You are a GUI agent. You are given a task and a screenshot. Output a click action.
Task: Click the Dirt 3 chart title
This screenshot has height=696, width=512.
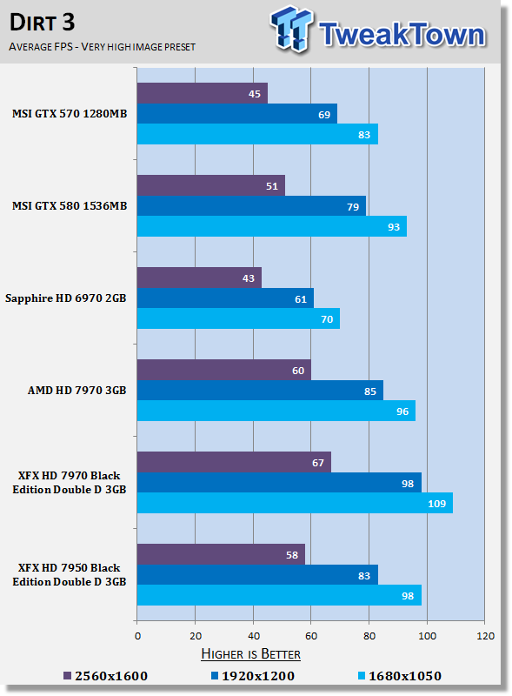(42, 23)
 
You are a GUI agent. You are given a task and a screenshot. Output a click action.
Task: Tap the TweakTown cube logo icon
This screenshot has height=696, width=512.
(291, 29)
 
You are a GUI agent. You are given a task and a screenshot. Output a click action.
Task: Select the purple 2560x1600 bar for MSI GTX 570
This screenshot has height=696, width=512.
(203, 93)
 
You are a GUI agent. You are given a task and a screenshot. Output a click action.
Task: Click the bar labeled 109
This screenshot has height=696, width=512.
(295, 503)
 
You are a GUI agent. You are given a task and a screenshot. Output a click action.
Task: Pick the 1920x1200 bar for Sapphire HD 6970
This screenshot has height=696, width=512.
(225, 298)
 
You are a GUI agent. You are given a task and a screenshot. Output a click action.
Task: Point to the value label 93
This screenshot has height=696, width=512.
(394, 227)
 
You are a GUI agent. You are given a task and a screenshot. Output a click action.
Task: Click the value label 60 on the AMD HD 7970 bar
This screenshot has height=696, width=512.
(298, 371)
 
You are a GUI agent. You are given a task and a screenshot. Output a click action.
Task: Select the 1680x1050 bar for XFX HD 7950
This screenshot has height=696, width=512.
(279, 595)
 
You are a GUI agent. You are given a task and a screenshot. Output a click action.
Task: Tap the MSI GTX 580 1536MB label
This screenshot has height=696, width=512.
(70, 206)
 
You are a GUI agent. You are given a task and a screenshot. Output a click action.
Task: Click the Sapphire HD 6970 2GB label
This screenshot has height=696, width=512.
(66, 298)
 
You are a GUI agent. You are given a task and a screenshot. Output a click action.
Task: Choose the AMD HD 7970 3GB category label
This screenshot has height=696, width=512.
(76, 390)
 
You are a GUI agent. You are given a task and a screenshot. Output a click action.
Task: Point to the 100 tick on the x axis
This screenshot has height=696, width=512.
(427, 636)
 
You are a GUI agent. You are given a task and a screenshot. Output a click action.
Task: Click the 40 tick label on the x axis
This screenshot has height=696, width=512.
(253, 636)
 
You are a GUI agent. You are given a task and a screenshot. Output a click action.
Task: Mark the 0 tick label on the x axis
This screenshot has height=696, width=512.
(137, 636)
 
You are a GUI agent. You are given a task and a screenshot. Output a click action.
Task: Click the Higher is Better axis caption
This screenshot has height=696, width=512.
(250, 654)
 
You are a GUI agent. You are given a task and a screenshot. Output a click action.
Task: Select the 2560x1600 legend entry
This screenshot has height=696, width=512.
(105, 676)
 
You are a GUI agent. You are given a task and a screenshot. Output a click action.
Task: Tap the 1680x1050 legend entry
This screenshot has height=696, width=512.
(400, 676)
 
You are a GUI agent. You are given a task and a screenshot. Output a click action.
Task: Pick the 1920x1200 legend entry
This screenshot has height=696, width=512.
(253, 676)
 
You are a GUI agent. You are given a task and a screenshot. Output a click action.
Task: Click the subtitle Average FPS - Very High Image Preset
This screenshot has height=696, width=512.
(102, 47)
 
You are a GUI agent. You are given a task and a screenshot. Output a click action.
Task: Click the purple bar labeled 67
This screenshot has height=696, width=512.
(234, 462)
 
